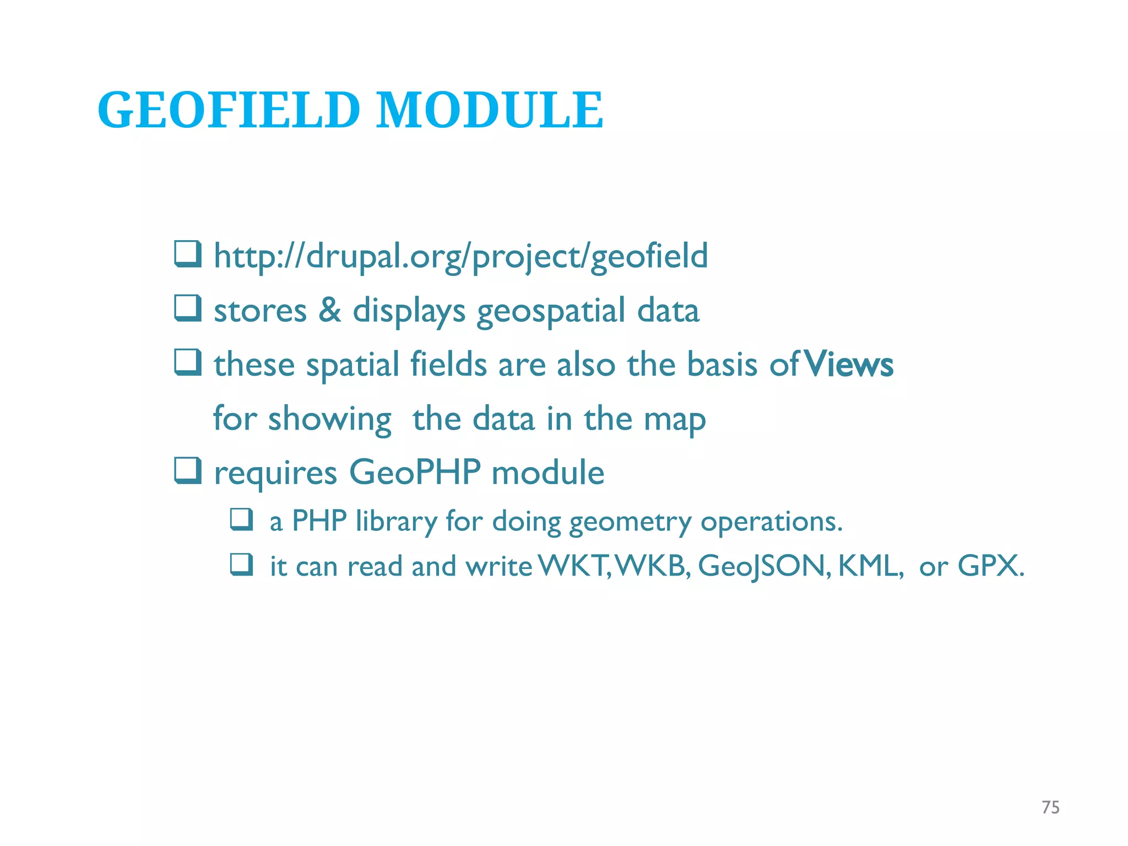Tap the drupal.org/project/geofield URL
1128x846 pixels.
tap(460, 257)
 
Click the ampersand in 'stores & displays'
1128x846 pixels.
tap(329, 310)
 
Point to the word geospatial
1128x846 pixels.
tap(550, 312)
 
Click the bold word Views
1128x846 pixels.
tap(849, 365)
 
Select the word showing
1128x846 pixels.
tap(329, 420)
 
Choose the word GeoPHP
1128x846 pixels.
tap(414, 473)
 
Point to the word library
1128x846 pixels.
tap(396, 521)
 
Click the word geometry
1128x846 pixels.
tap(630, 522)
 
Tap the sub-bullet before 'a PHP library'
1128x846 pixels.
tap(241, 519)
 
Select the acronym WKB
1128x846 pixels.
tap(652, 566)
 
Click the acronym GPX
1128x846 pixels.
tap(990, 566)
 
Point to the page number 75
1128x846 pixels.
tap(1050, 807)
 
